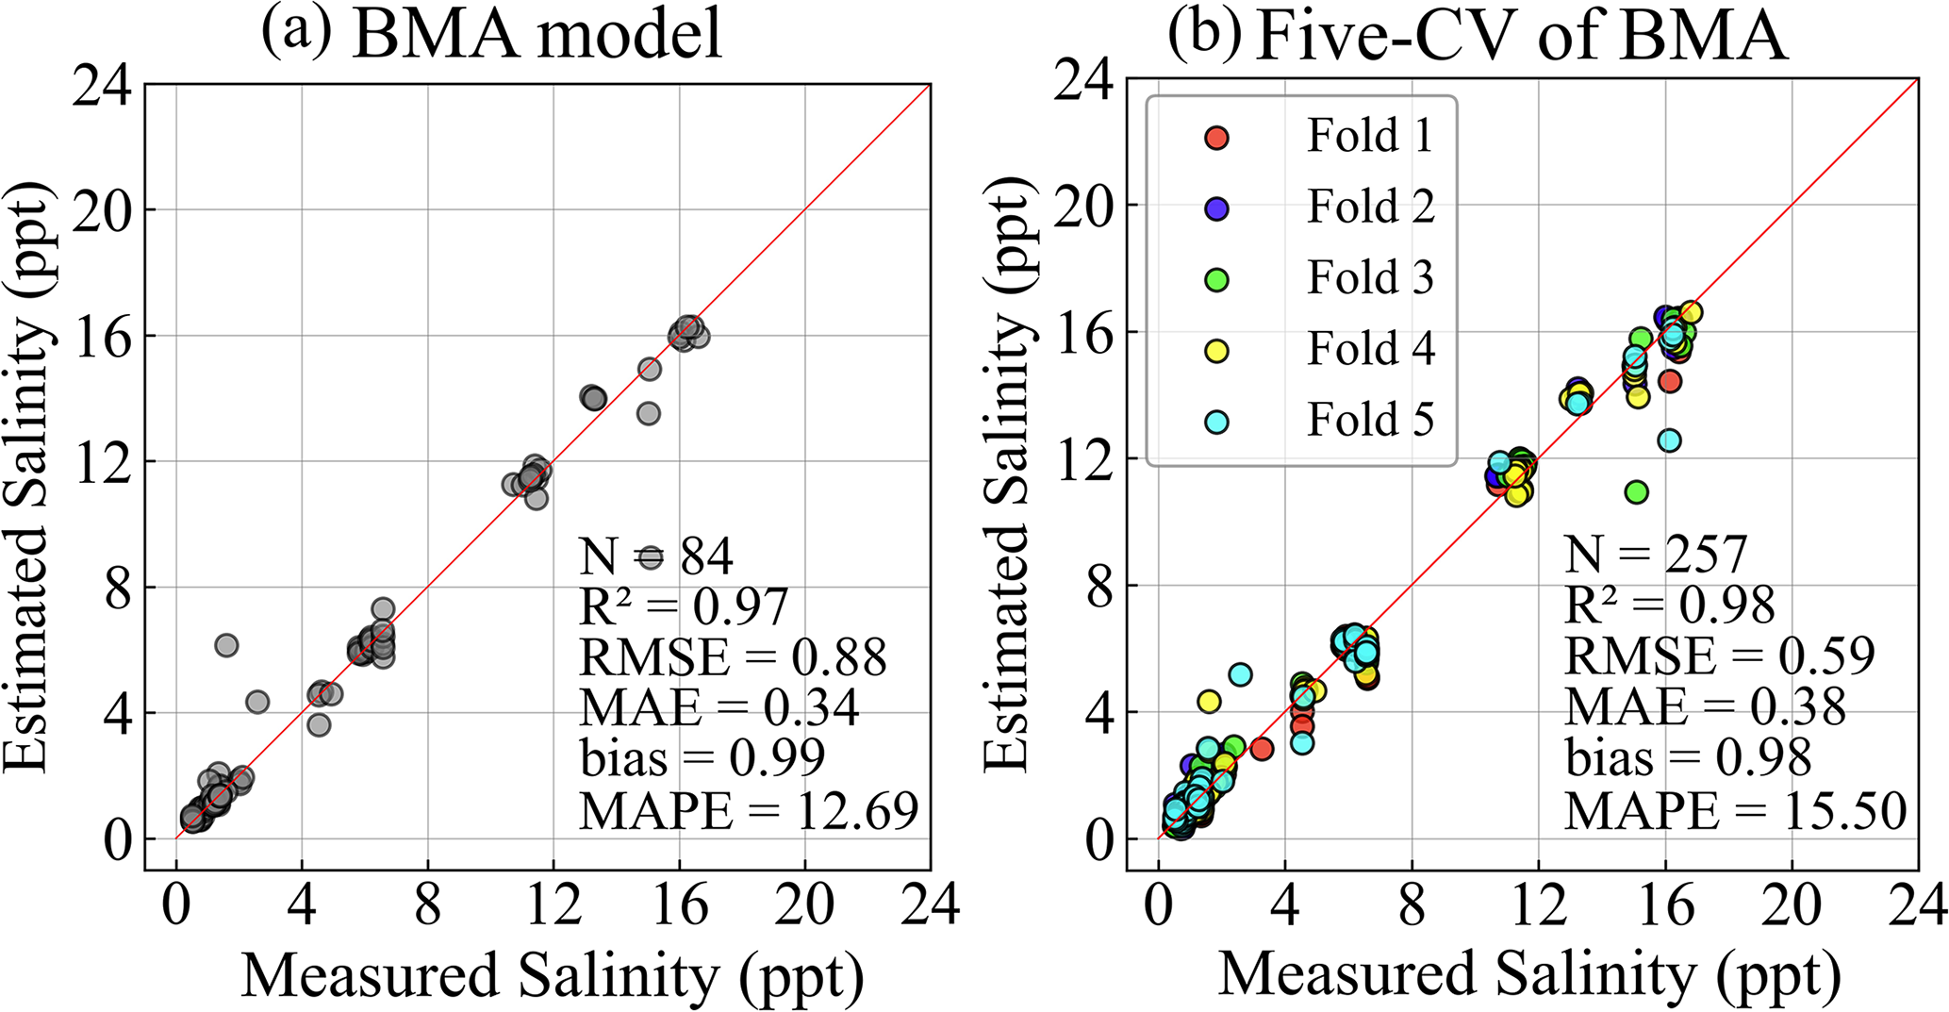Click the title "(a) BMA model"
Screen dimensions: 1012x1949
click(x=492, y=36)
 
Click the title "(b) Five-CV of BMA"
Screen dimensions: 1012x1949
click(x=1477, y=36)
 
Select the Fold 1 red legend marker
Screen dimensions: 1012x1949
click(x=1217, y=138)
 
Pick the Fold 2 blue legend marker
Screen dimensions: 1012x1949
click(x=1217, y=208)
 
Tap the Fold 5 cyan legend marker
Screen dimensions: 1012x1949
click(x=1217, y=422)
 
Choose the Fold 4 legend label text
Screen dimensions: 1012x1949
click(x=1370, y=349)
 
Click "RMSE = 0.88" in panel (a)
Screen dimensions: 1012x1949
click(x=733, y=657)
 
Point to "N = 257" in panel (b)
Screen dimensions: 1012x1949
click(x=1656, y=555)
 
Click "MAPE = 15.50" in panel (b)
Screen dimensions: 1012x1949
click(x=1736, y=810)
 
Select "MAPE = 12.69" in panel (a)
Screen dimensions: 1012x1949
click(x=749, y=810)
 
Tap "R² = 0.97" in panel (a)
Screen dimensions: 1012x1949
click(x=683, y=606)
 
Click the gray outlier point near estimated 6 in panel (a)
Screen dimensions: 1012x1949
click(x=226, y=645)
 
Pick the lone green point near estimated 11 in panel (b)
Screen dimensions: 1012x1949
click(x=1636, y=491)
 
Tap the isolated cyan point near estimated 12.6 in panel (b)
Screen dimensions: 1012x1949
click(x=1669, y=440)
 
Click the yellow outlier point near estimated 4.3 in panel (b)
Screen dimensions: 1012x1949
click(x=1209, y=702)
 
